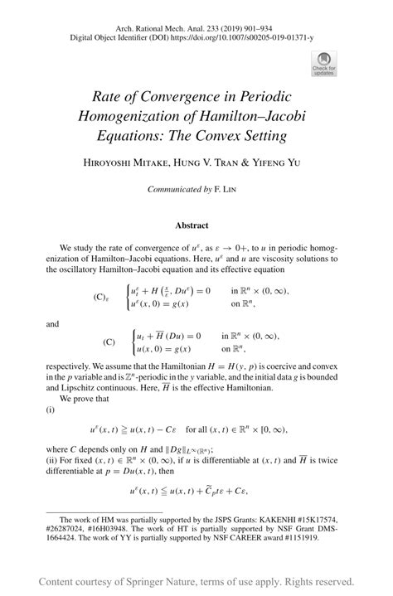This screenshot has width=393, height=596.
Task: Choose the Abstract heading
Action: tap(192, 225)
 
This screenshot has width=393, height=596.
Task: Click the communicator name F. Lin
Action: tap(228, 189)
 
